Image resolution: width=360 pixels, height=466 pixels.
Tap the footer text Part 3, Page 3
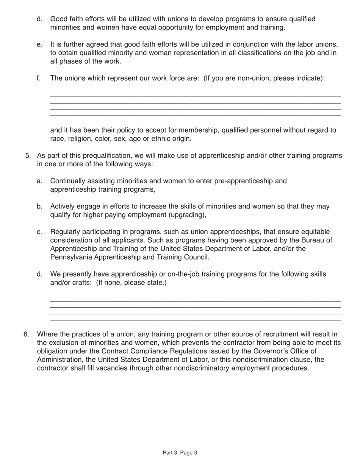click(180, 452)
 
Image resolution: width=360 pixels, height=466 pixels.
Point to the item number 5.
click(28, 156)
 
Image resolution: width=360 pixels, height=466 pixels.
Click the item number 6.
click(26, 334)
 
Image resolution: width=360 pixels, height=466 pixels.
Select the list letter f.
click(38, 78)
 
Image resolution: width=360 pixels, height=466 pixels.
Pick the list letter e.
click(39, 44)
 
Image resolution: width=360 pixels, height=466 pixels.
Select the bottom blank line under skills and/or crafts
click(195, 321)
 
